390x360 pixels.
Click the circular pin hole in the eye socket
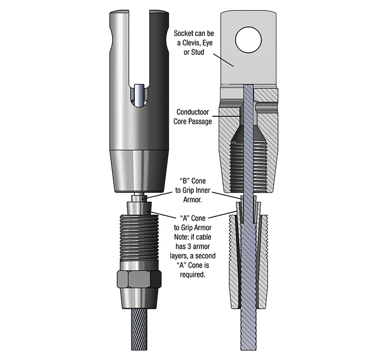point(248,40)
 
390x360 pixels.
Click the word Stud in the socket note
point(197,52)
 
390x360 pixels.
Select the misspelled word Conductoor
point(193,112)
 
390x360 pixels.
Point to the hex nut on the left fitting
point(139,279)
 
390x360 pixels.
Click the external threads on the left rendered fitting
point(139,237)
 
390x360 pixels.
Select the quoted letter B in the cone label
point(184,181)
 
